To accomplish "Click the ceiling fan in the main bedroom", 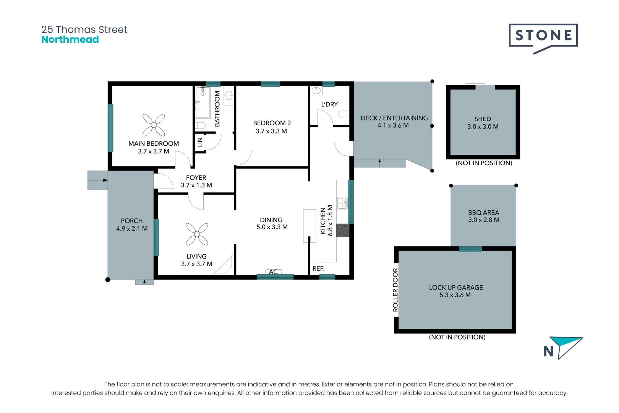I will click(154, 125).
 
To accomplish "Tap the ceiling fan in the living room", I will click(197, 234).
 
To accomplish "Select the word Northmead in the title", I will click(70, 40).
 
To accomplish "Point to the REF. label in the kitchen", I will click(318, 269).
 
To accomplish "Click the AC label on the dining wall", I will click(273, 272).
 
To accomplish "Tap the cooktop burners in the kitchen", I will click(343, 230).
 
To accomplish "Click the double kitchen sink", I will click(342, 203).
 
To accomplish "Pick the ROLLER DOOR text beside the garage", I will click(395, 290).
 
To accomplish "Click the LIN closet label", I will click(200, 142).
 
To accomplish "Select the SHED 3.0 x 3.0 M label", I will click(483, 123).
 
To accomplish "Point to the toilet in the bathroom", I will click(201, 125).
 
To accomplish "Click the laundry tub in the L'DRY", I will click(316, 91).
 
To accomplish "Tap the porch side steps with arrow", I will click(98, 180).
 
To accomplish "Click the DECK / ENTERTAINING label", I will click(394, 118).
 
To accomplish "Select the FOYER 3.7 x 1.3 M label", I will click(196, 181).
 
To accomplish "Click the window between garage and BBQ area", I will click(470, 249).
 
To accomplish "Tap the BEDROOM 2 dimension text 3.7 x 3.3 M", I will click(271, 131).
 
